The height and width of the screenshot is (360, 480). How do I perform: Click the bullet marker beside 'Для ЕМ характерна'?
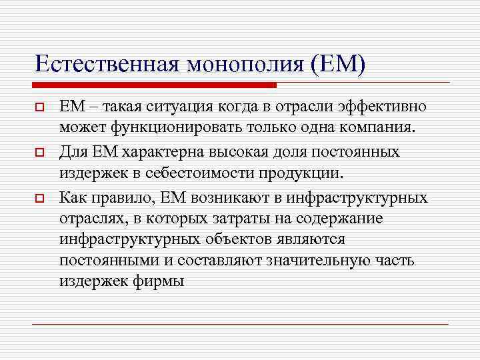tap(40, 153)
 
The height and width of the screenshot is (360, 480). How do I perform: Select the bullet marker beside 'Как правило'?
tap(40, 198)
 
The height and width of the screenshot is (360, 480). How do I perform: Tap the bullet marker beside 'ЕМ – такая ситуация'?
tap(40, 107)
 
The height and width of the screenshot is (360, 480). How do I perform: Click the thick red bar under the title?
tap(154, 85)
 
